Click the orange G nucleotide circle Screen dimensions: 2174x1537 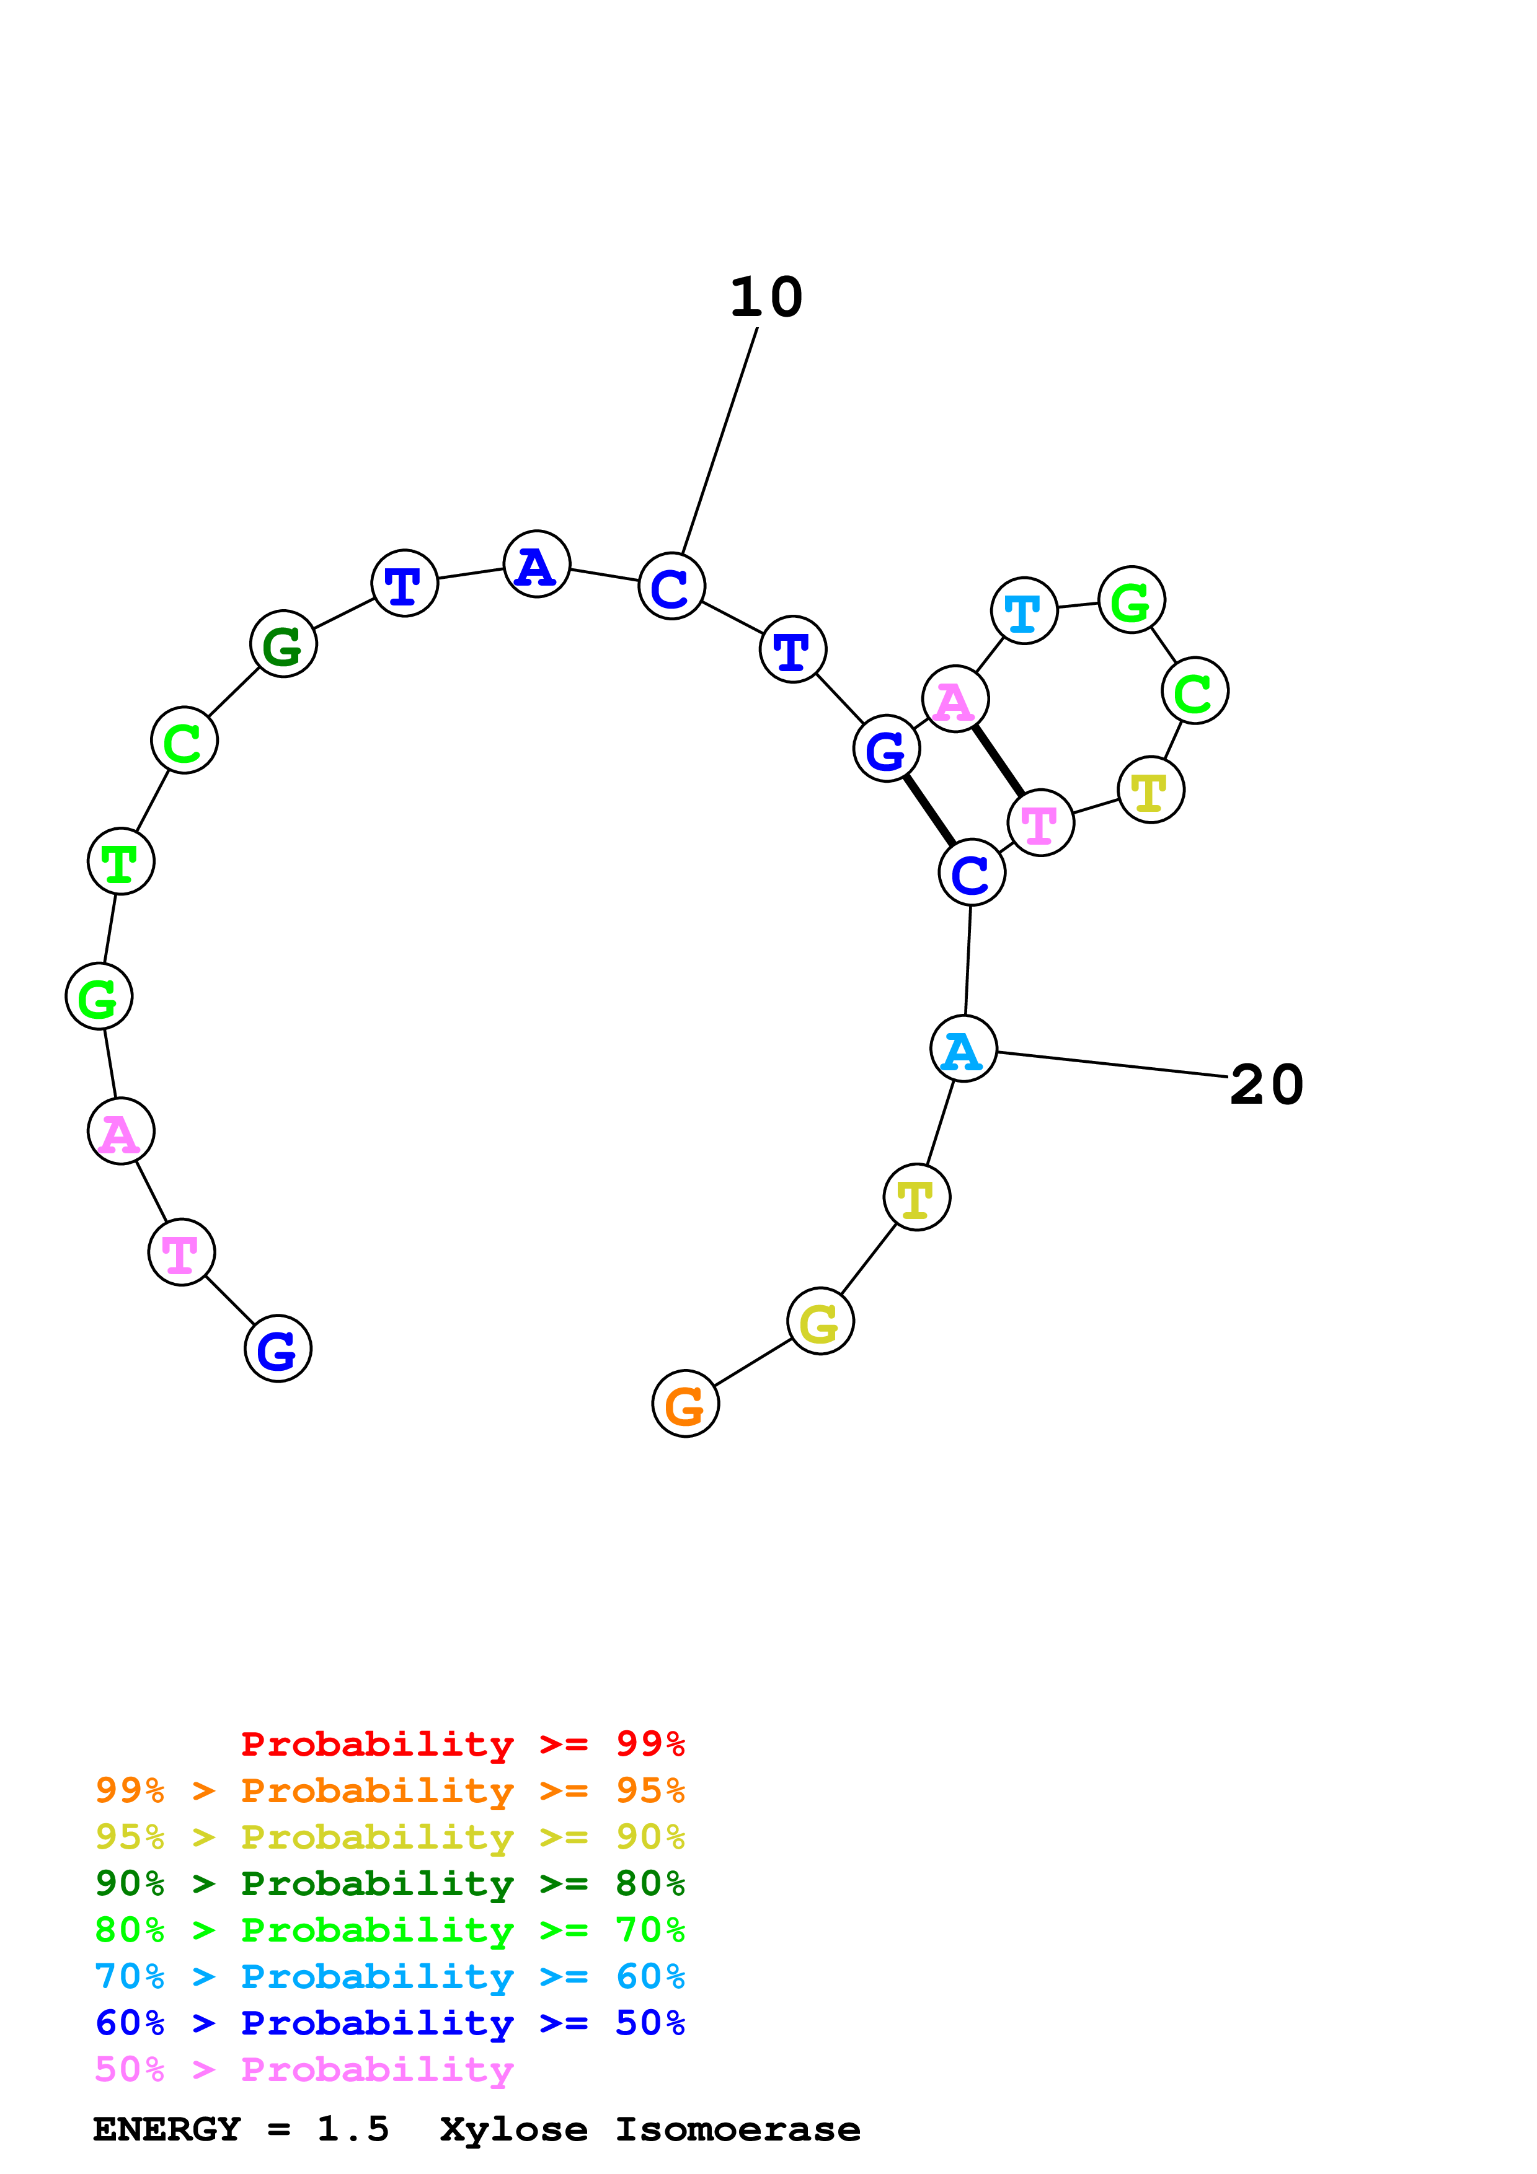tap(686, 1403)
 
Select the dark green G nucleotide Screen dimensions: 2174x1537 tap(283, 644)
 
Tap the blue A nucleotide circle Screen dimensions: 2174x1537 tap(537, 565)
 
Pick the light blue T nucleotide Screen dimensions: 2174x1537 tap(1024, 610)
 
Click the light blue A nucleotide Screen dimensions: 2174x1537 tap(963, 1049)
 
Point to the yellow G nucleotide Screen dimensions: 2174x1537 tap(820, 1321)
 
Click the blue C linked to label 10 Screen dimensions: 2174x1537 tap(671, 586)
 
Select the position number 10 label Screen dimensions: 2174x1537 tap(766, 297)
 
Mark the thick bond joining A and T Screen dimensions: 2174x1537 tap(998, 760)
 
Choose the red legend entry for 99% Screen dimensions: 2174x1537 tap(463, 1744)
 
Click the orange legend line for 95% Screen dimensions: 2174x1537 tap(390, 1790)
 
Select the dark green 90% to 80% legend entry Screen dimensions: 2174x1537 tap(390, 1883)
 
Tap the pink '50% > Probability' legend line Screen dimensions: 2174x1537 tap(304, 2069)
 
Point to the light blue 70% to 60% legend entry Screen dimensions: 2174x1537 tap(390, 1976)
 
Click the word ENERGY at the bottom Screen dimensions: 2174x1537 tap(167, 2129)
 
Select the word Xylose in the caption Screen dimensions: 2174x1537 tap(513, 2129)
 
